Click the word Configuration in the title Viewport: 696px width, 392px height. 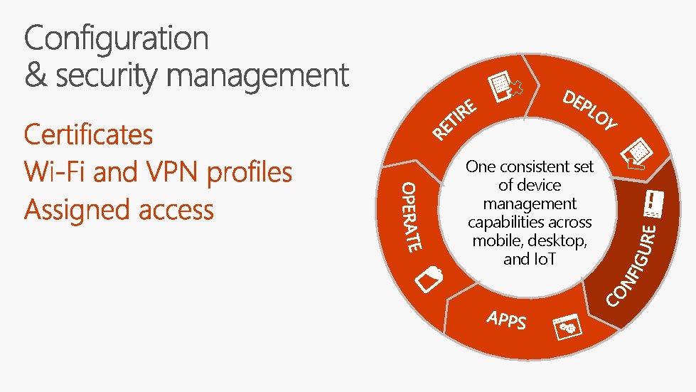(117, 39)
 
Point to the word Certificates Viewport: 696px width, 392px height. (88, 134)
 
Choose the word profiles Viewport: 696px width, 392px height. (250, 173)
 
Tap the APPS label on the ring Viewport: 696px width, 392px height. (507, 320)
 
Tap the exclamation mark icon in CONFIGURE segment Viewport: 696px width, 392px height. (652, 205)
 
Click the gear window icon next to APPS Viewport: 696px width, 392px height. (569, 327)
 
